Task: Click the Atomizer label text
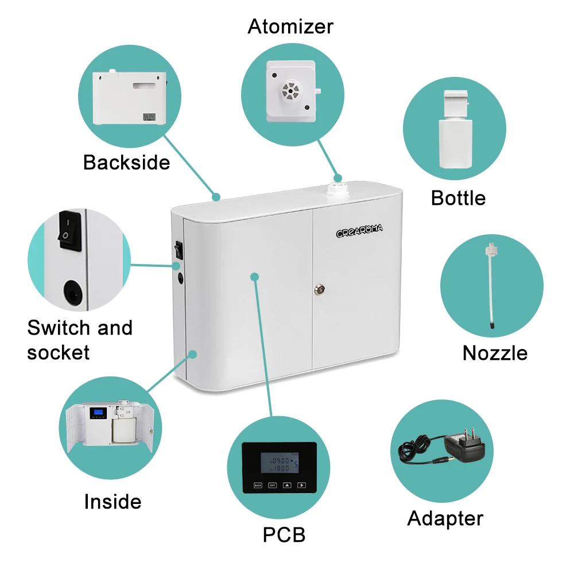290,26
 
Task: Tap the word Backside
126,162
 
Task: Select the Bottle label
458,198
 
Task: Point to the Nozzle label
495,352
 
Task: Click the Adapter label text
445,518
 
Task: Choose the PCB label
284,535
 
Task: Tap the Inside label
113,502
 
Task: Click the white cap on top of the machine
338,191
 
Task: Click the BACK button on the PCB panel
258,485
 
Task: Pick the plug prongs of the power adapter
475,434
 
